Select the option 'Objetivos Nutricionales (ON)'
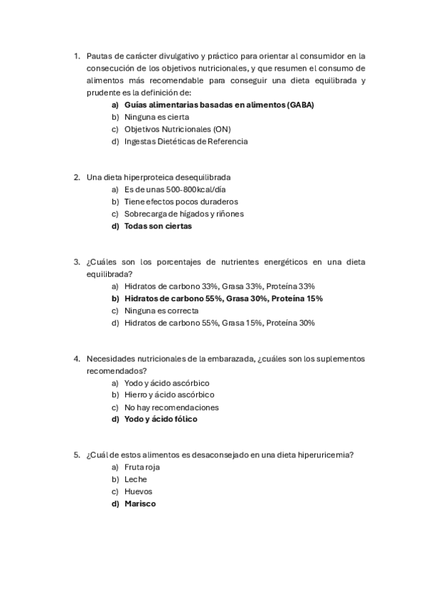click(x=177, y=129)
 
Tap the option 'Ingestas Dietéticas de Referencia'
click(x=186, y=141)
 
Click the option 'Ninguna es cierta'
click(x=156, y=117)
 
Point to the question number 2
click(x=77, y=177)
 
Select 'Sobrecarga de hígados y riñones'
click(x=183, y=214)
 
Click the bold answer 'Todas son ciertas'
click(x=157, y=226)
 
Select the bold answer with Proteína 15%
click(x=223, y=298)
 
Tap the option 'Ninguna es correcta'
click(x=161, y=311)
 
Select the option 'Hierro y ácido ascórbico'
click(x=169, y=395)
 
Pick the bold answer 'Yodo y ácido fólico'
click(x=161, y=419)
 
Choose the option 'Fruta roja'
click(x=142, y=467)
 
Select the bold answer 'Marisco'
click(x=139, y=504)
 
